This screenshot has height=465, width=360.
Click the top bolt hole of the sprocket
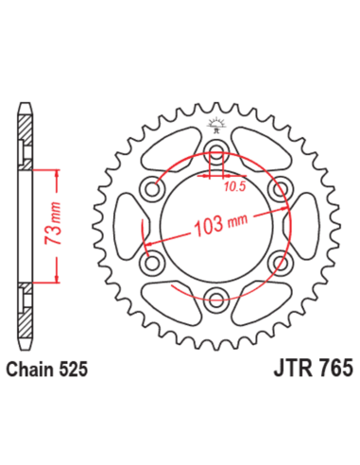click(x=215, y=154)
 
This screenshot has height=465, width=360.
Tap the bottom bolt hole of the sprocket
click(x=215, y=300)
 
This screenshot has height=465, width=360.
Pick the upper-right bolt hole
click(x=281, y=191)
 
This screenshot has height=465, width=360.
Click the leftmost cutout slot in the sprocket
click(x=123, y=228)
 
